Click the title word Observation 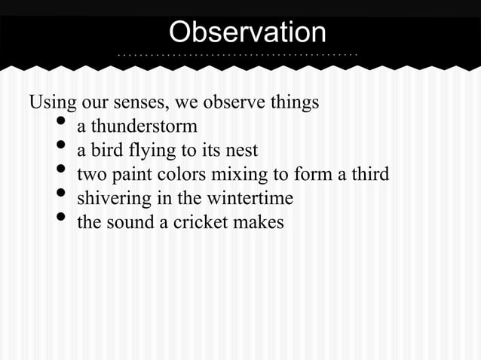pyautogui.click(x=247, y=32)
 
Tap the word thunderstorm pyautogui.click(x=144, y=126)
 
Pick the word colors pyautogui.click(x=177, y=175)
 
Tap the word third pyautogui.click(x=371, y=175)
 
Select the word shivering pyautogui.click(x=110, y=199)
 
